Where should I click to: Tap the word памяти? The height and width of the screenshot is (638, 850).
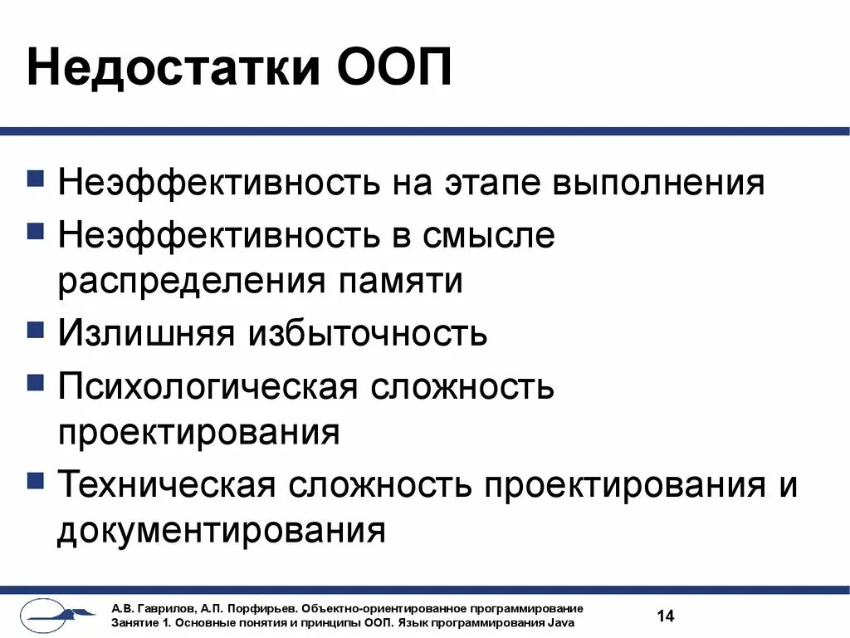click(400, 282)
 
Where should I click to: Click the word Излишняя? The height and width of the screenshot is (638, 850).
click(146, 334)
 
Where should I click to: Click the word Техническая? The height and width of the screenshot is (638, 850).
click(166, 484)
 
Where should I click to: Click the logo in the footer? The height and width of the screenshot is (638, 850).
click(58, 616)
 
